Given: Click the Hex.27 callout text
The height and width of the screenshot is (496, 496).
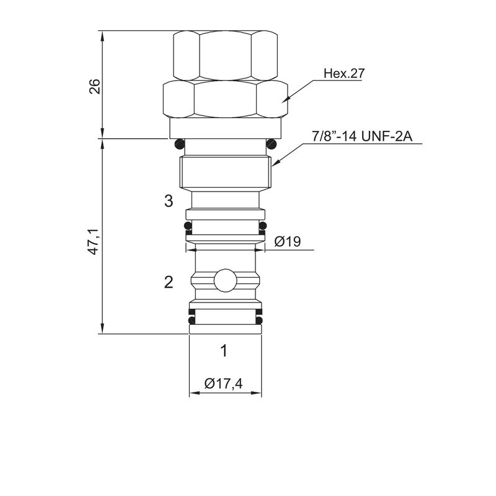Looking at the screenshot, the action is tap(344, 73).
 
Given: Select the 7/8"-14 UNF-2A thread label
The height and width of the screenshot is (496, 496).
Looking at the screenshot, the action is tap(362, 136).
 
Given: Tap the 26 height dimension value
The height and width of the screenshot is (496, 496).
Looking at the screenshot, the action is tap(95, 86).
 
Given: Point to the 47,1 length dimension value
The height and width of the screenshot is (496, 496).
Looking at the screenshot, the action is tap(95, 242).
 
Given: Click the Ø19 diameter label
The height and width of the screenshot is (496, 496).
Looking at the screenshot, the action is tap(288, 242).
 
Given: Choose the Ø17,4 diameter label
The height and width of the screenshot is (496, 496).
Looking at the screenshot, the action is tap(223, 383).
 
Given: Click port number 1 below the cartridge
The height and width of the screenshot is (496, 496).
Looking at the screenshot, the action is tap(224, 350).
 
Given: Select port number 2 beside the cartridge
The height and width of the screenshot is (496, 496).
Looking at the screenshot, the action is tap(169, 282).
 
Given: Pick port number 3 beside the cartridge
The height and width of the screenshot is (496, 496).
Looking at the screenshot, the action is tap(169, 200).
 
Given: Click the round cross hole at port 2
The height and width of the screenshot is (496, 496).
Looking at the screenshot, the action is tap(225, 280).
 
